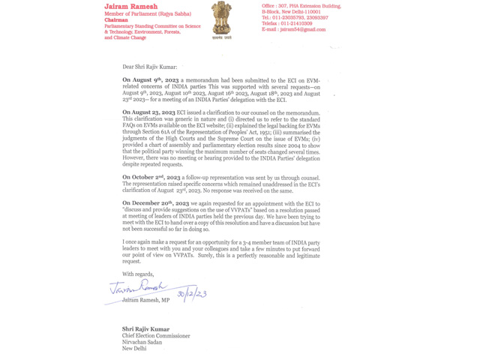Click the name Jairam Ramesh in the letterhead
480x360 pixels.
point(130,7)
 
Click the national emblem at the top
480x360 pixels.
point(221,18)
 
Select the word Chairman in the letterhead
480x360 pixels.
point(116,19)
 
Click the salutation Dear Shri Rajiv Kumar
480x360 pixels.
point(150,67)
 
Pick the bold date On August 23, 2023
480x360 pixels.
point(148,112)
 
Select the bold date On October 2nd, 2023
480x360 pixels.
point(148,177)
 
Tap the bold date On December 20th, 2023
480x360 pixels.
point(151,203)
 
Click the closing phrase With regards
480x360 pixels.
point(137,274)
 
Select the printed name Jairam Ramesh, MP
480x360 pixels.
point(145,300)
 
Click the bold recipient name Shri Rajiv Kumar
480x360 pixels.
point(145,328)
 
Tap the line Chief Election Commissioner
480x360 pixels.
point(156,336)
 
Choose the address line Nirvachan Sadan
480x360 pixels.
point(142,342)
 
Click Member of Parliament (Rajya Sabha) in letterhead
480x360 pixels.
point(148,13)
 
